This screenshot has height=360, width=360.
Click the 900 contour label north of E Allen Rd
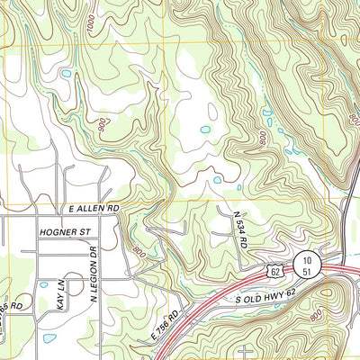106,122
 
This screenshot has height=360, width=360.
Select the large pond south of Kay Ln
49,338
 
